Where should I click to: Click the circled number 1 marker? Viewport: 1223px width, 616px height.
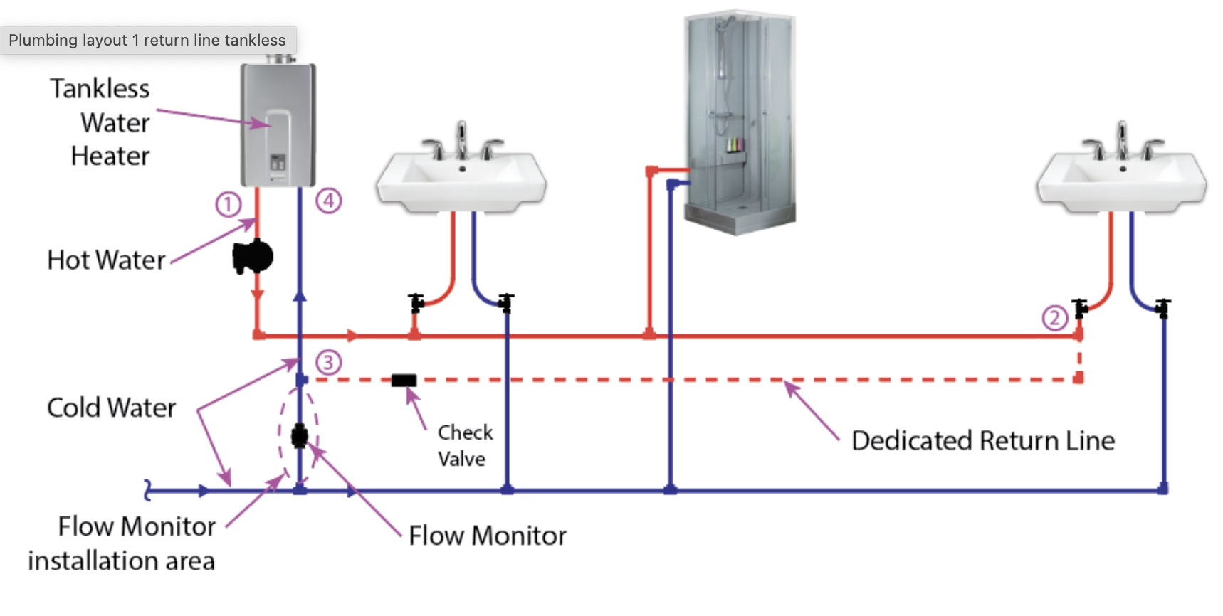(x=229, y=205)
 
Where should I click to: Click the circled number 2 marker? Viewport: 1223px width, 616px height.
(x=1054, y=318)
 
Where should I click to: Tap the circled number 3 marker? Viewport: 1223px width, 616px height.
(x=328, y=362)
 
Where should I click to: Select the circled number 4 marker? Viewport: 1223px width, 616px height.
(x=328, y=201)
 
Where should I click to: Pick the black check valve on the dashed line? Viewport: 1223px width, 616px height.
(x=404, y=381)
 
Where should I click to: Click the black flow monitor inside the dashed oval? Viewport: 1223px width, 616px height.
(x=300, y=435)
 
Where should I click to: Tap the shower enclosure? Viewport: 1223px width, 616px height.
(x=740, y=121)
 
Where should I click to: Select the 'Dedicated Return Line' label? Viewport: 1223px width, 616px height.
(x=982, y=441)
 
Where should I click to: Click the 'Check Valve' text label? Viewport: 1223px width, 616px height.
(x=465, y=445)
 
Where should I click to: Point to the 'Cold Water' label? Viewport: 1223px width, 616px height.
(x=111, y=408)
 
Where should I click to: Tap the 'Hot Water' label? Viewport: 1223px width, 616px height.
(x=106, y=260)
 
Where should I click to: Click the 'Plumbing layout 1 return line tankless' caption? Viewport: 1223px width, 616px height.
(x=147, y=41)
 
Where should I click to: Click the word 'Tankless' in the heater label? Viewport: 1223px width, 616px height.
(x=100, y=89)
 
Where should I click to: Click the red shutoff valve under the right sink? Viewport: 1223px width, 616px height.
(x=1081, y=308)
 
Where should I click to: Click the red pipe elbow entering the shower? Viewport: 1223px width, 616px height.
(x=651, y=171)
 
